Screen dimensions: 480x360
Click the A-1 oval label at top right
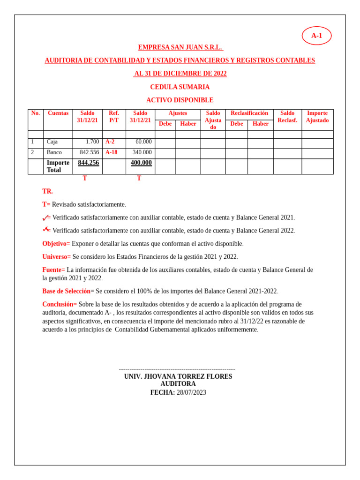click(x=316, y=36)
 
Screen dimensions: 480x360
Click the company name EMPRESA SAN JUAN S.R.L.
click(x=180, y=47)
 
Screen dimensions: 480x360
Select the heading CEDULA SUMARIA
click(x=180, y=87)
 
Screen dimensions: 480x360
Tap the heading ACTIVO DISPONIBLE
click(x=180, y=100)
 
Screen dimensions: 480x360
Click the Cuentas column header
click(x=58, y=113)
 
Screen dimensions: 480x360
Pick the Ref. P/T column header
click(x=114, y=117)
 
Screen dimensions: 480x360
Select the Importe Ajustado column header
click(x=317, y=117)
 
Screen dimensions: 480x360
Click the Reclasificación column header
click(x=249, y=113)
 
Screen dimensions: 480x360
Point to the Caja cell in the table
click(x=52, y=142)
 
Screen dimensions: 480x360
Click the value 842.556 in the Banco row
click(x=89, y=152)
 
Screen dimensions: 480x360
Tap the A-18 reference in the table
click(x=112, y=152)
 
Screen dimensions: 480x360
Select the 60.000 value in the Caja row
click(x=143, y=142)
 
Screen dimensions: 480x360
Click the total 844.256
click(x=89, y=163)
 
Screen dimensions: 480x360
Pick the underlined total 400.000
click(x=141, y=163)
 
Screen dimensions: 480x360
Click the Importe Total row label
click(x=58, y=166)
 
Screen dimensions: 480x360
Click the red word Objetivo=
click(x=56, y=244)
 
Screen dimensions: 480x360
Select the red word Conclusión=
click(x=60, y=304)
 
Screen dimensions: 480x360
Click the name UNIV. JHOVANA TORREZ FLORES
click(x=178, y=376)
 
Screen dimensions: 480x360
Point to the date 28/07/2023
click(x=191, y=393)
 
